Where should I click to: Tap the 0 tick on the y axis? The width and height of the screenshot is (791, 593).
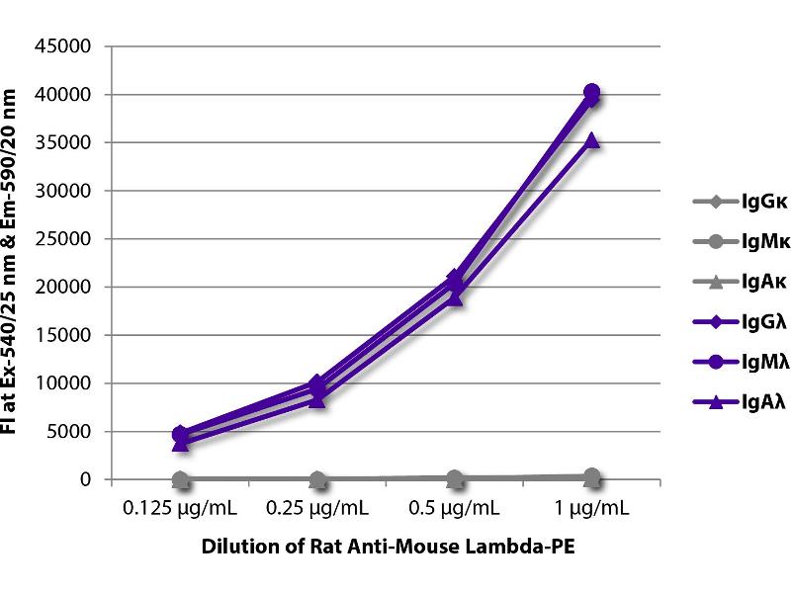click(x=85, y=479)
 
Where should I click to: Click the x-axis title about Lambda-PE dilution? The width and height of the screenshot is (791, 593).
click(x=387, y=548)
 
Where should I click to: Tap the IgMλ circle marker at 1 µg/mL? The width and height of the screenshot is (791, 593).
click(x=591, y=92)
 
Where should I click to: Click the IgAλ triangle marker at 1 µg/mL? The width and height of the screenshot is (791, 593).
click(x=591, y=141)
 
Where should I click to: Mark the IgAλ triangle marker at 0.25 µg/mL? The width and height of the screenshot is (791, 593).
click(x=317, y=399)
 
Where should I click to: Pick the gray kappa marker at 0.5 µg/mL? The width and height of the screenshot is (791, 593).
click(x=455, y=477)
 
